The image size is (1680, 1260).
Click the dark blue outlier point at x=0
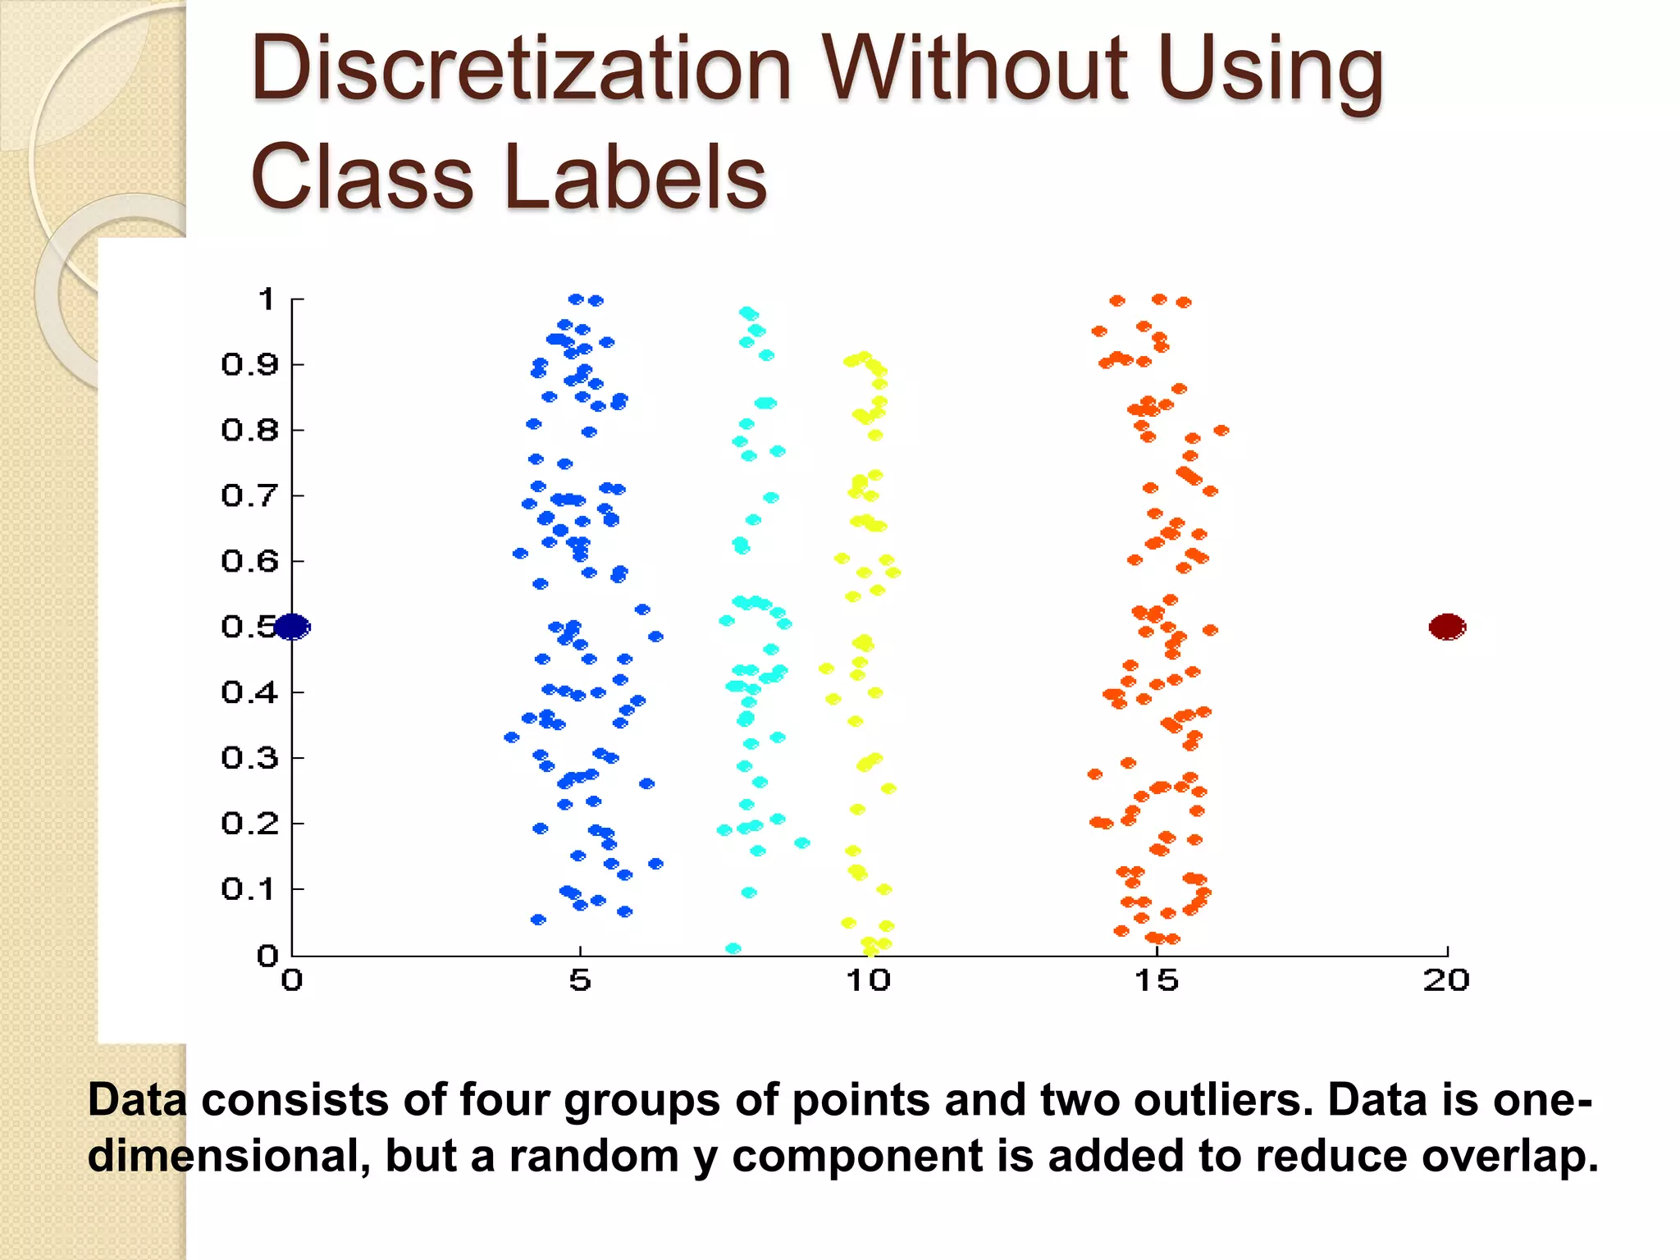291,628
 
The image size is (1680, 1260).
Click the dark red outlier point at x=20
1447,628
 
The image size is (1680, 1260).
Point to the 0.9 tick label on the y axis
249,364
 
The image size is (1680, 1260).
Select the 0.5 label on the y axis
248,627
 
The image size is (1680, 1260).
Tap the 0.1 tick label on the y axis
249,888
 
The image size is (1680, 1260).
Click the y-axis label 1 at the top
266,299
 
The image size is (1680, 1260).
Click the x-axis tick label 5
580,980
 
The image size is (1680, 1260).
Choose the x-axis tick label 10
868,980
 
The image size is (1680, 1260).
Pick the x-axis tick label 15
1157,980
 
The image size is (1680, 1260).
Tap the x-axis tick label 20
1446,980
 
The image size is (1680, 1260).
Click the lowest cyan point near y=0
733,949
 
